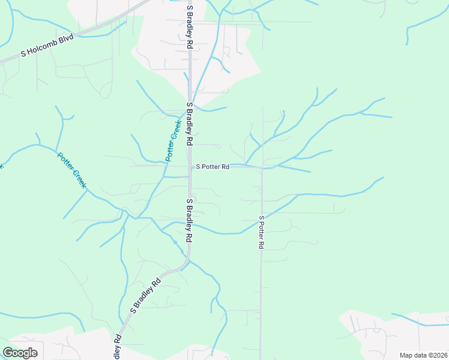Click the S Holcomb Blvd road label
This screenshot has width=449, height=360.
tap(47, 45)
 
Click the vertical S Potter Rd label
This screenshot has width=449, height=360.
tap(262, 233)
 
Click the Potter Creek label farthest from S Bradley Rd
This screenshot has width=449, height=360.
tap(72, 171)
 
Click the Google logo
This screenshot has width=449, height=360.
tap(20, 353)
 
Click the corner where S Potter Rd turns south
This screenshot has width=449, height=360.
tap(261, 169)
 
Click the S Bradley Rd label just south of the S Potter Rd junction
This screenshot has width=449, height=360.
tap(190, 220)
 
